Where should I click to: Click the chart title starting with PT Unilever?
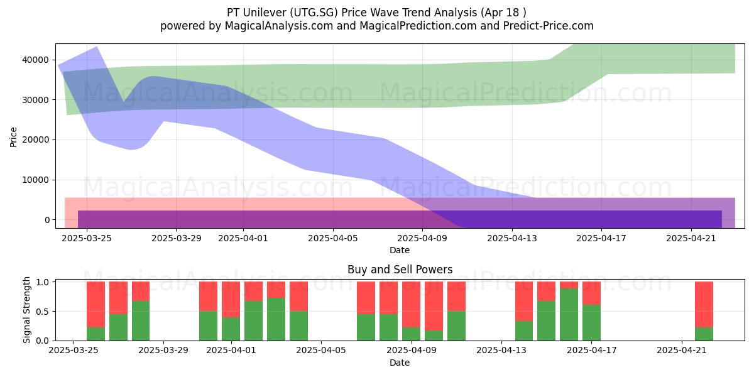point(376,13)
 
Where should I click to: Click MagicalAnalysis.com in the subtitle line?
point(279,26)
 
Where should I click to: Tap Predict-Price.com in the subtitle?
point(549,26)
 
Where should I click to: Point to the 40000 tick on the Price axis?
point(36,60)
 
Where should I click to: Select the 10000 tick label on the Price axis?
point(36,180)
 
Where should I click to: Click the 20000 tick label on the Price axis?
point(36,140)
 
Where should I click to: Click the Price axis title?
point(13,137)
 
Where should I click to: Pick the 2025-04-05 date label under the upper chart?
point(333,238)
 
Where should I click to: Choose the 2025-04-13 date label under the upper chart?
point(512,238)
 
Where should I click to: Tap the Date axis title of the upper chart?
point(400,250)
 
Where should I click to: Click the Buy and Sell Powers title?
point(400,270)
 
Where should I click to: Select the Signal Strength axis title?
point(26,310)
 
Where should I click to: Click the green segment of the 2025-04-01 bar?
point(231,329)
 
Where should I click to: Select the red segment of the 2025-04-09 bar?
point(412,304)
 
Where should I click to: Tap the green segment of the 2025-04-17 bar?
point(591,322)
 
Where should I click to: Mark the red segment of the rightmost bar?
point(704,304)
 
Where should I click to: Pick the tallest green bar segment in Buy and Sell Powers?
point(569,314)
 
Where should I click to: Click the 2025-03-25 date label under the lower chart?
point(74,351)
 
